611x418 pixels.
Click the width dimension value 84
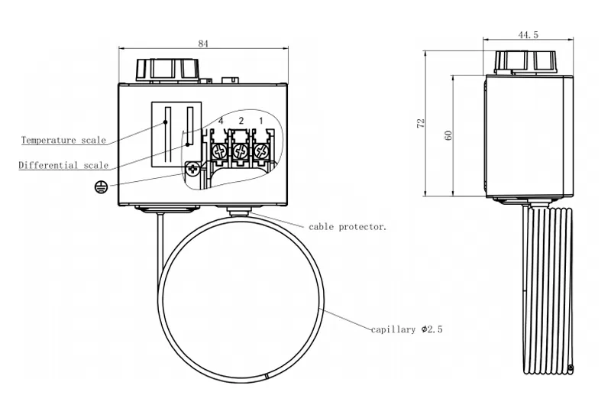(202, 44)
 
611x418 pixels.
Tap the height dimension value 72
(420, 124)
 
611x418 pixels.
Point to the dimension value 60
(448, 134)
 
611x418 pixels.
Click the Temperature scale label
(63, 141)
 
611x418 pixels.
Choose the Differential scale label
(63, 165)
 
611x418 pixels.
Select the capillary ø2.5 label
(406, 330)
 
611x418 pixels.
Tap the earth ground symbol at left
(99, 186)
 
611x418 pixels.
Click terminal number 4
(220, 122)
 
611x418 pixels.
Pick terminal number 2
(241, 122)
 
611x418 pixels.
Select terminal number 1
(260, 122)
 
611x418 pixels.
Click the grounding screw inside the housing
(192, 169)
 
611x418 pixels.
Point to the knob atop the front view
(166, 70)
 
